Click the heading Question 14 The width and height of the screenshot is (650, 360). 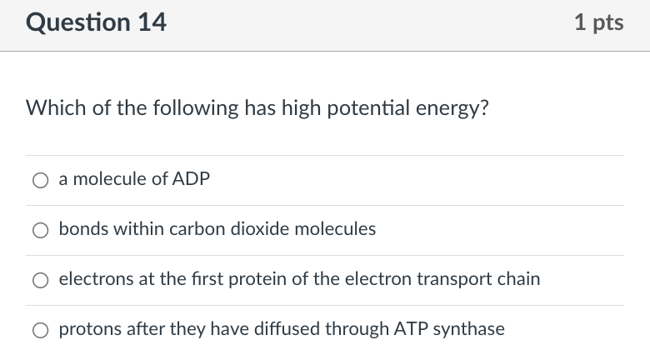pos(97,22)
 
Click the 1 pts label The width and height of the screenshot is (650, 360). pos(598,22)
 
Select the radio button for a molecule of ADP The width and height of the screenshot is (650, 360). pos(40,179)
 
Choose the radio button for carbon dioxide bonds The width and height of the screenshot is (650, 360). pos(40,229)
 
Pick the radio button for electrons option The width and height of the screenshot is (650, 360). pos(40,279)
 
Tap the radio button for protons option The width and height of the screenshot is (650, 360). pos(40,329)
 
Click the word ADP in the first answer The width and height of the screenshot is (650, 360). pos(191,179)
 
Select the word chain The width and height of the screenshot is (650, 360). pos(519,278)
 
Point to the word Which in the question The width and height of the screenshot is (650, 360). pos(52,108)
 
